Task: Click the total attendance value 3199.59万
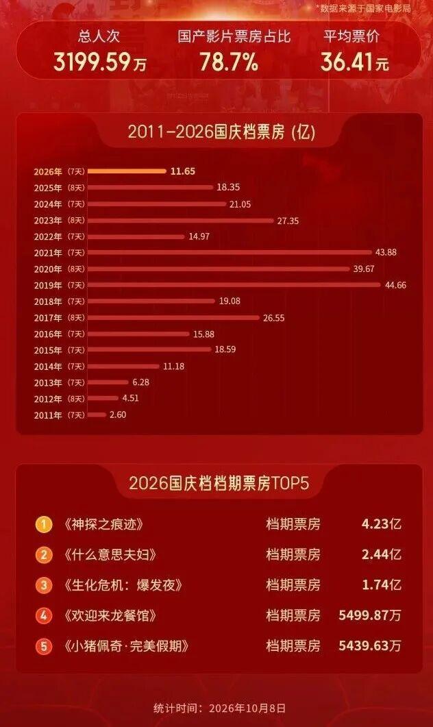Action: [99, 62]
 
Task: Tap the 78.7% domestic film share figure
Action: [229, 62]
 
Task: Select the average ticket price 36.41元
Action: [354, 62]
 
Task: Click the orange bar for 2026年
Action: [127, 171]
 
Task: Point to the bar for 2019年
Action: [234, 285]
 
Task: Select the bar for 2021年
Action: [230, 253]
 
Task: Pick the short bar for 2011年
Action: [97, 415]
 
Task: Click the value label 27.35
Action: [288, 221]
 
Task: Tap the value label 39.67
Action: [364, 269]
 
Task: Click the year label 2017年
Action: [48, 318]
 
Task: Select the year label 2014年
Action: [48, 367]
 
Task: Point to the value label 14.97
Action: [199, 236]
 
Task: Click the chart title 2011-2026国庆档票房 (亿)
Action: [221, 132]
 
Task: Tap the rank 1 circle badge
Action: [44, 524]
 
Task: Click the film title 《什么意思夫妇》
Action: [110, 554]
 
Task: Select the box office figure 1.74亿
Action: [382, 585]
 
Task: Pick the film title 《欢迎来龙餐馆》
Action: [110, 616]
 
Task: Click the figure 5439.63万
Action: [370, 646]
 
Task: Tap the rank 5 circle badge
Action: [44, 646]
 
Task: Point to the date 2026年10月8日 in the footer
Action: [247, 708]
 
